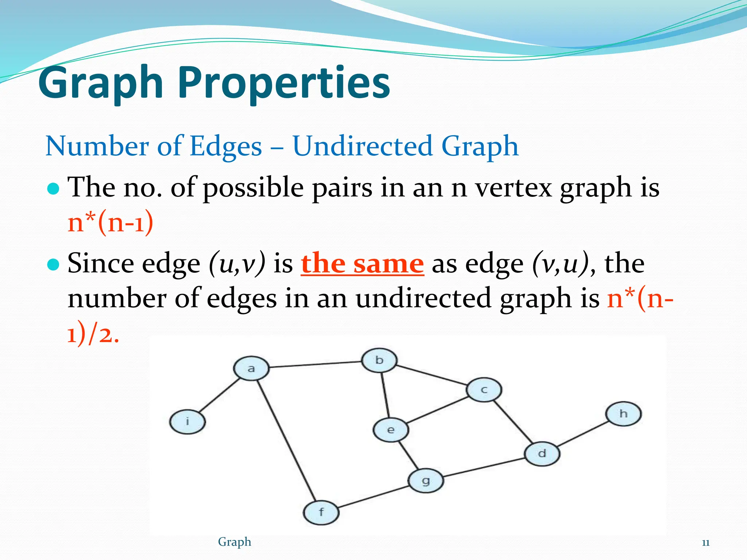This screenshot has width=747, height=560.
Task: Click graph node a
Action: point(251,369)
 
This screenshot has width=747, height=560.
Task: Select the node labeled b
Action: point(379,360)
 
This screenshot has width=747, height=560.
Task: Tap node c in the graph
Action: point(484,390)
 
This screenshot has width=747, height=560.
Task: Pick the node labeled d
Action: point(542,454)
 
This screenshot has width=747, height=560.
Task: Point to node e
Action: point(391,430)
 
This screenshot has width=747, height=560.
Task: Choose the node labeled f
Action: point(321,512)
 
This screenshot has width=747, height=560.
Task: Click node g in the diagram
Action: point(426,481)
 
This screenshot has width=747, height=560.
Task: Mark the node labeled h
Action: point(623,414)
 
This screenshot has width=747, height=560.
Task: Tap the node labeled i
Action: point(187,422)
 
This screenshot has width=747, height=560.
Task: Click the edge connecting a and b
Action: point(316,364)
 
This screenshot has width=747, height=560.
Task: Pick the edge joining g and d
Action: point(484,467)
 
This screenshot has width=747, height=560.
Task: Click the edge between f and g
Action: point(373,497)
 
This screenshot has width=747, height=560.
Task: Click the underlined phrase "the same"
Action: point(362,264)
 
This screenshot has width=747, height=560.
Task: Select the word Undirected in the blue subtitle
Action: point(363,146)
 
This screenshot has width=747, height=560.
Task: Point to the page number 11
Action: point(705,543)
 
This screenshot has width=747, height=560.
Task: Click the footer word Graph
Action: point(235,542)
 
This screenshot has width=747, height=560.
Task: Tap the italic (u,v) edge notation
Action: point(237,264)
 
